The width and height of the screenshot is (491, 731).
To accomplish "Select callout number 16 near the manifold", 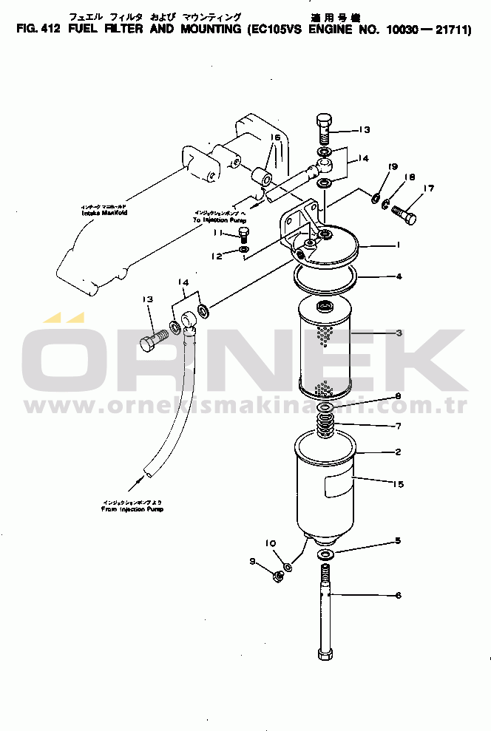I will [275, 137].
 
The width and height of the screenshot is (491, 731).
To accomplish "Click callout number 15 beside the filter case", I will [398, 485].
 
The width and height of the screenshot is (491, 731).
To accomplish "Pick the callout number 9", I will [254, 562].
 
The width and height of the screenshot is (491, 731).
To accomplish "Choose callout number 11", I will [218, 233].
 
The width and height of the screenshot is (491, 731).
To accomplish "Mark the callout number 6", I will [398, 595].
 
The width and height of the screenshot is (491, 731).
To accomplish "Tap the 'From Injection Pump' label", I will [132, 509].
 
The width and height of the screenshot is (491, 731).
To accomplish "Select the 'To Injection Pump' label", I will [219, 220].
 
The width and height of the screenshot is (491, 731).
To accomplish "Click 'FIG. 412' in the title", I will [34, 30].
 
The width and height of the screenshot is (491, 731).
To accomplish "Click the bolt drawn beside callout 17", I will [403, 213].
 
